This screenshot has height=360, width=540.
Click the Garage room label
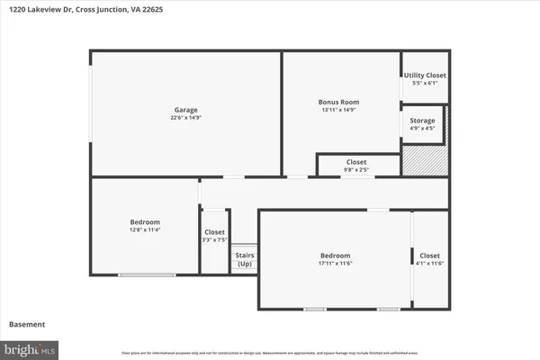pos(185,110)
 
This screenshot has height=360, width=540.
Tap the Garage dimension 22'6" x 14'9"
pos(185,118)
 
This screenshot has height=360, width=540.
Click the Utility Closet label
pos(424,76)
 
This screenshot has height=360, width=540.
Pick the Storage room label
pos(423,121)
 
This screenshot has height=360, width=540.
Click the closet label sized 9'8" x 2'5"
pos(356,162)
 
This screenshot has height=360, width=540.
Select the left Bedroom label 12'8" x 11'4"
pos(145,222)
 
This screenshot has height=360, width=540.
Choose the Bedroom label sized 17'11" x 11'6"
pos(335,256)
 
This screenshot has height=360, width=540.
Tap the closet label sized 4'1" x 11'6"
pos(430,256)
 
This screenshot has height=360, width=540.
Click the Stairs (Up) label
pos(244,259)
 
